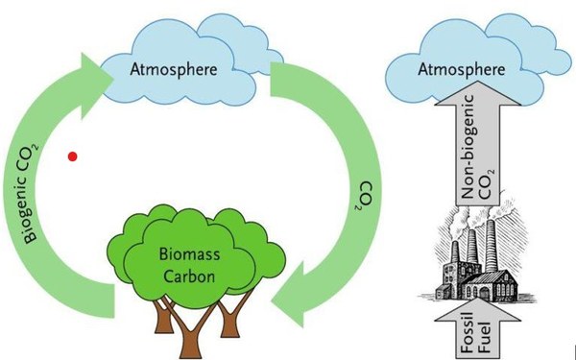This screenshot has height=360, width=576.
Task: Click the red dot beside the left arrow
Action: [73, 156]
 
